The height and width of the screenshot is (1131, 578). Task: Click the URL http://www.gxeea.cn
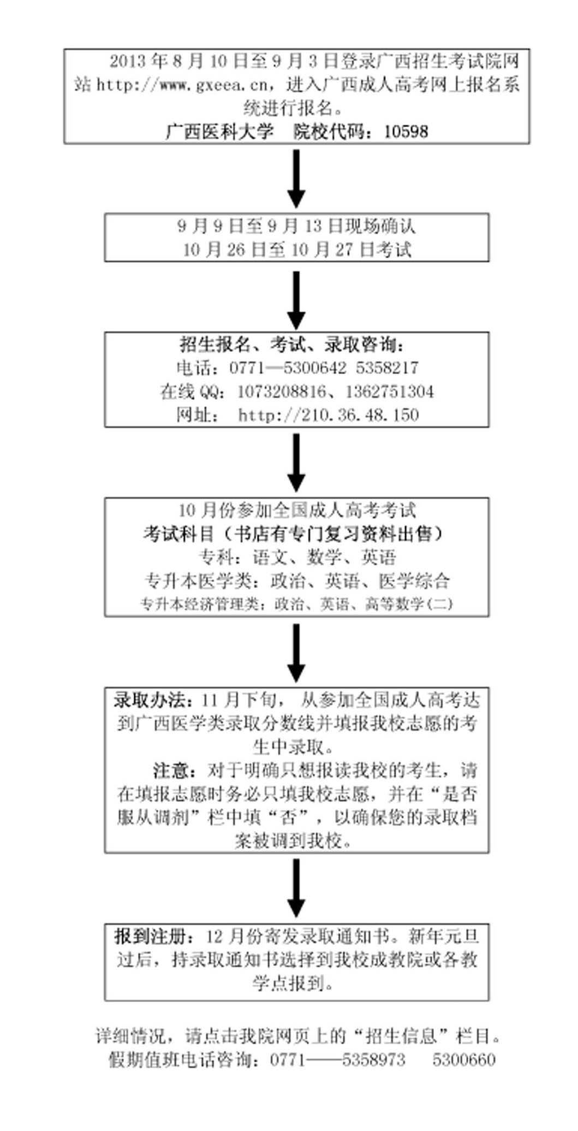coord(182,85)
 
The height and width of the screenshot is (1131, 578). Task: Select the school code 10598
coord(406,132)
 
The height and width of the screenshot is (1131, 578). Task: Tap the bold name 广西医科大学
coord(219,132)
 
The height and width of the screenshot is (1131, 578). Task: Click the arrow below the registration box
coord(296,178)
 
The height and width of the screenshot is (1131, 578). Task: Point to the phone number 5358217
coord(387,368)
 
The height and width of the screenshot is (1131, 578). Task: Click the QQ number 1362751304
coord(390,392)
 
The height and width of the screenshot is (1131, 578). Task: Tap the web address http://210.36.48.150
coord(329,415)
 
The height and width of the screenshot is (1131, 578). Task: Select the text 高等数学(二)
coord(409,604)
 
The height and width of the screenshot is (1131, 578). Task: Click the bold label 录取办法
coord(152,700)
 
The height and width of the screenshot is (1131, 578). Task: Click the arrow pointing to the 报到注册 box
coord(296,887)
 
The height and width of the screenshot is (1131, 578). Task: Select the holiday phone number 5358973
coord(374,1060)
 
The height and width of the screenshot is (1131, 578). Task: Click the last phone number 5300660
coord(464,1060)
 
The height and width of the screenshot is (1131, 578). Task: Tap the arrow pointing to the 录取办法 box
coord(296,652)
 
